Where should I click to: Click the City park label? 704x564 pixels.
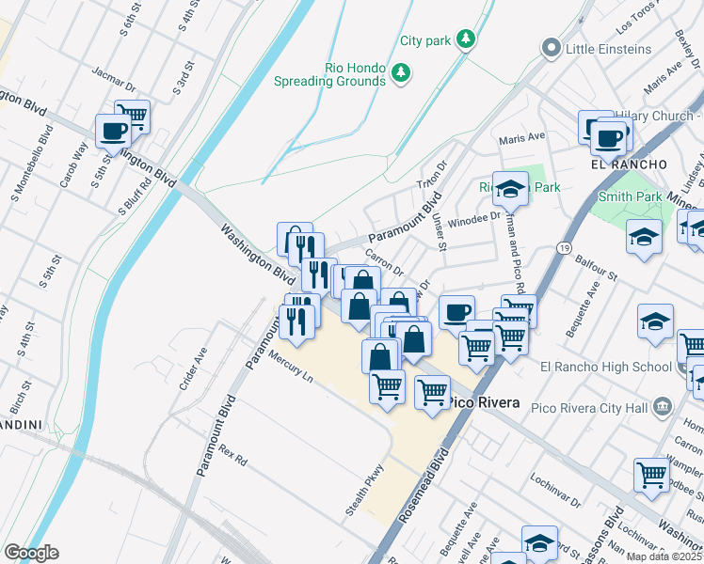coord(425,40)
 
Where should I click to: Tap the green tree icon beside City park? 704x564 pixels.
coord(464,39)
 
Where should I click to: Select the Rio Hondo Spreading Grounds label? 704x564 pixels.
coord(329,74)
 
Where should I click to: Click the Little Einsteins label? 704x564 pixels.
coord(609,48)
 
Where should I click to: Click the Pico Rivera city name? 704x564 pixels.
coord(483,402)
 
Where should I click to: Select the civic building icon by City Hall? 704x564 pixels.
coord(663,406)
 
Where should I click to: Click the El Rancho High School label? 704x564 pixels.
coord(606,367)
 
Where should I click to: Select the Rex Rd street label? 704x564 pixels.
coord(232,456)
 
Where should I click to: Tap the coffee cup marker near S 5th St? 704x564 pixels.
coord(113,131)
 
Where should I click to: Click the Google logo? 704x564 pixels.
coord(31,553)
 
